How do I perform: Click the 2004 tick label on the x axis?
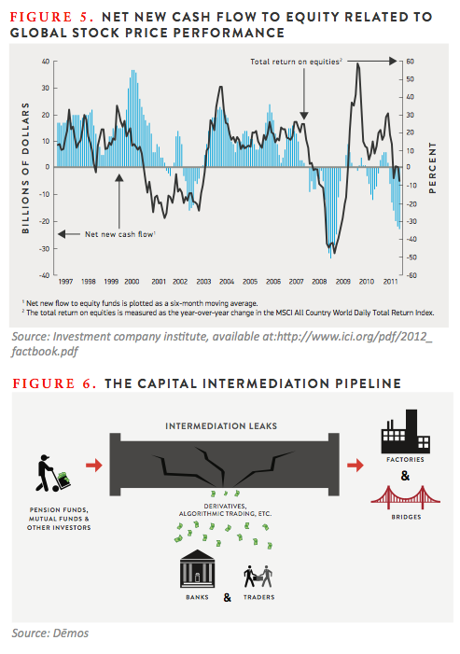coord(227,282)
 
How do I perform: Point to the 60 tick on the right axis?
coord(410,62)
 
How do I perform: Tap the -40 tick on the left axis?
coord(45,275)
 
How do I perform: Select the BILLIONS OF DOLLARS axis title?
coord(26,168)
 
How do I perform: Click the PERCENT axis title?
coord(433,168)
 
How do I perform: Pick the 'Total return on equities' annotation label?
coord(296,62)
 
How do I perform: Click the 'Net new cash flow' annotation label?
coord(120,234)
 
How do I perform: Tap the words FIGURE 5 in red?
coord(51,17)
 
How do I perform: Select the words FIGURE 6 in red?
coord(54,383)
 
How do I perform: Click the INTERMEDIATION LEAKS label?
coord(221,426)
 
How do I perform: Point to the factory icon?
coord(405,432)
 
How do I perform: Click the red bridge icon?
coord(405,497)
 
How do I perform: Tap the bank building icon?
coord(197,568)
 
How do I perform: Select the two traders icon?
coord(258,577)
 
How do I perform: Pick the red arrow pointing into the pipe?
coord(94,465)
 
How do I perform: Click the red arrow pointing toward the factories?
coord(355,465)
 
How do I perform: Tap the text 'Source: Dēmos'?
coord(50,633)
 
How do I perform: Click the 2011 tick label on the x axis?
coord(390,282)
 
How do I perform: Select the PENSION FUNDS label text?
coord(59,509)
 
